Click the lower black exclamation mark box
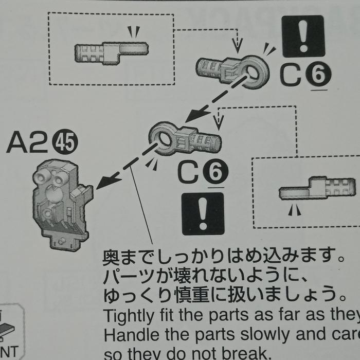click(203, 213)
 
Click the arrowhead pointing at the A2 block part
click(103, 182)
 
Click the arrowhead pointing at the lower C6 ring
click(192, 117)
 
